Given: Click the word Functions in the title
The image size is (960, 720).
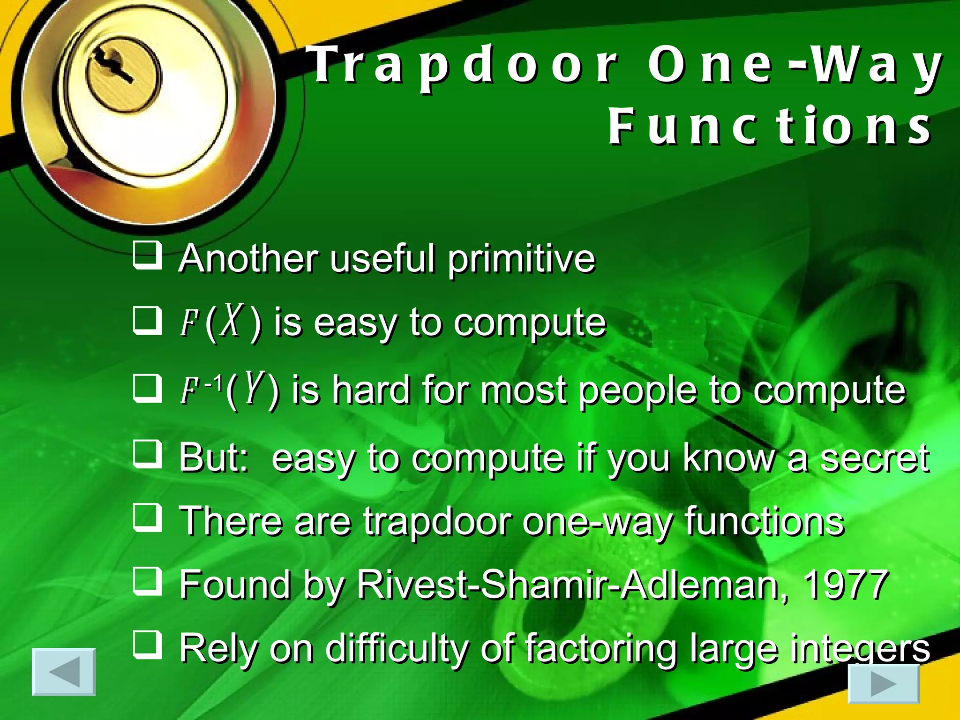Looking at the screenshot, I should coord(769,126).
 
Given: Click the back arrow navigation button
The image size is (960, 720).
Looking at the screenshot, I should coord(64,672).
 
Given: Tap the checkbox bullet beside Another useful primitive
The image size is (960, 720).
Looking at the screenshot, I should coord(147,255).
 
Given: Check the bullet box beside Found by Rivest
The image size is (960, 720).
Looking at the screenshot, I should coord(147,582).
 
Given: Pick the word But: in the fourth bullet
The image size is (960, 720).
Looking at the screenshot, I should coord(213,457).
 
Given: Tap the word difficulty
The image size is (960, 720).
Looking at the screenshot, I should coord(397,649).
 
